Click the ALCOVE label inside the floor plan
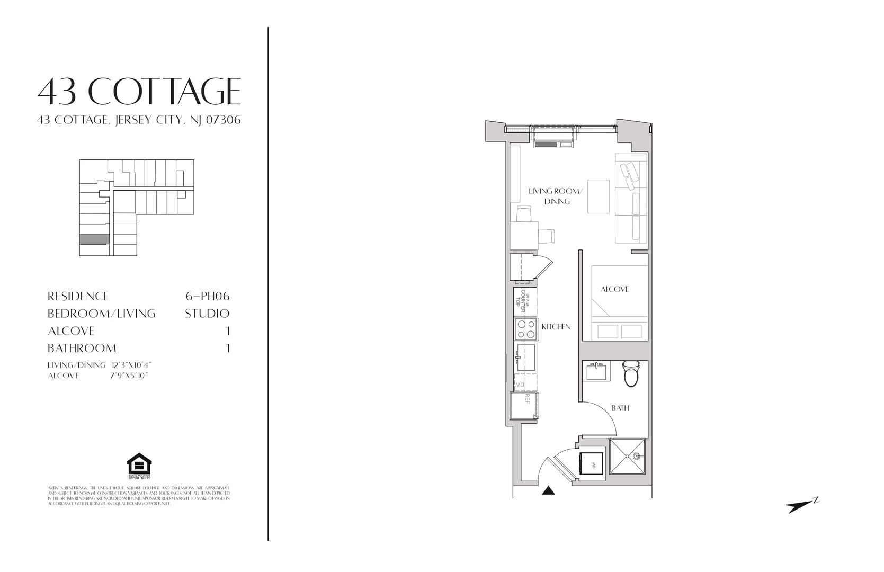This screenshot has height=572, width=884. [614, 289]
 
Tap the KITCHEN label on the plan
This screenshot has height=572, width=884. [556, 327]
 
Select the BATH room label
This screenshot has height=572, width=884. [620, 408]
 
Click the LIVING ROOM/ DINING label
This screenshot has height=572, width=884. [556, 196]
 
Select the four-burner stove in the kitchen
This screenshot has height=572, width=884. [525, 329]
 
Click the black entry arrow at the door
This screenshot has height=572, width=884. [549, 491]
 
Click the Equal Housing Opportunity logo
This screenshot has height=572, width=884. [139, 466]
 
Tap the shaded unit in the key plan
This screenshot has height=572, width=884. [95, 239]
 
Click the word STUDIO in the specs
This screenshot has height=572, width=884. [207, 314]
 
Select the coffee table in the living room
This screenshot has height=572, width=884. [599, 196]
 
